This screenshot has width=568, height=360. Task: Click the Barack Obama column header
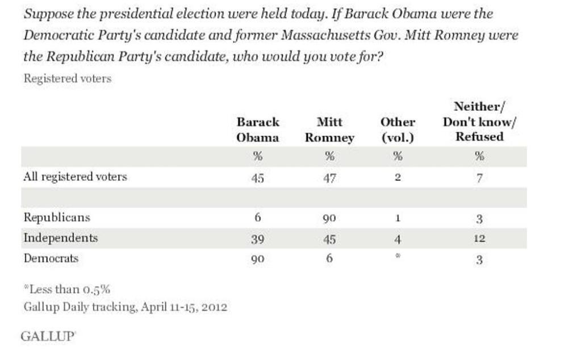(x=258, y=129)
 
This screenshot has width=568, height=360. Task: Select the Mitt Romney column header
(x=329, y=129)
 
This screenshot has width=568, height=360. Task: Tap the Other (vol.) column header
(x=398, y=129)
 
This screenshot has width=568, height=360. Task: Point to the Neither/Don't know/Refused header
(x=479, y=121)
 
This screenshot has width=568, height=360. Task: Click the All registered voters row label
(x=75, y=177)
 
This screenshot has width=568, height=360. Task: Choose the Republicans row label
(x=56, y=217)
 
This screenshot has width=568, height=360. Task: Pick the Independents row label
(x=60, y=238)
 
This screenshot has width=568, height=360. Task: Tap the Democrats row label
(x=51, y=258)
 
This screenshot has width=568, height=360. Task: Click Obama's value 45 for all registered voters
(x=258, y=178)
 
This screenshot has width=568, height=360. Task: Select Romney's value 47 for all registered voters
(x=329, y=178)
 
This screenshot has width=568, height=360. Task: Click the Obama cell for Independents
(x=258, y=239)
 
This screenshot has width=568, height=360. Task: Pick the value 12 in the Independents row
(x=479, y=239)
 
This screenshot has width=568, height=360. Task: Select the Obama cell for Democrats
(x=258, y=259)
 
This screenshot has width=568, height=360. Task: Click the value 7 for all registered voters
(x=479, y=178)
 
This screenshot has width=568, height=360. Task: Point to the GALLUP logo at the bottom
(x=48, y=336)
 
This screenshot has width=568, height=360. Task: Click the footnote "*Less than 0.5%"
(x=66, y=289)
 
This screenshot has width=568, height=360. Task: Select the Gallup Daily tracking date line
(x=125, y=307)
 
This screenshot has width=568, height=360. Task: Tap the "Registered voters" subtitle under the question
(x=67, y=79)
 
